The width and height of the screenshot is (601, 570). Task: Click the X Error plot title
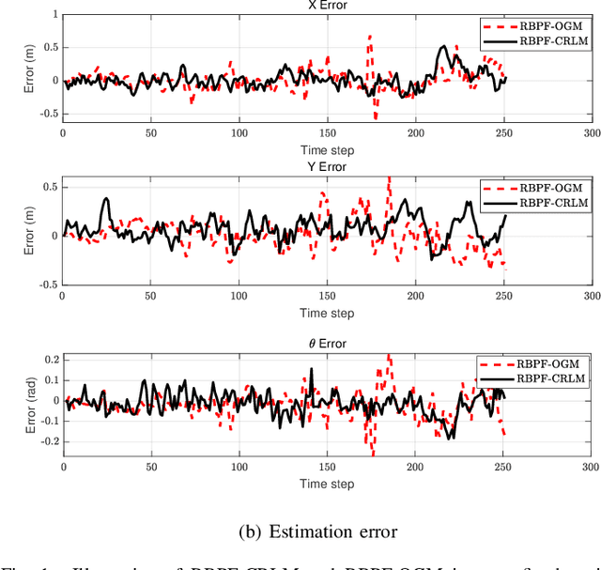(x=327, y=5)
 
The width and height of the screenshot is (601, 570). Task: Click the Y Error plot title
(x=327, y=167)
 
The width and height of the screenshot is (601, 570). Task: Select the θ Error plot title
(x=327, y=344)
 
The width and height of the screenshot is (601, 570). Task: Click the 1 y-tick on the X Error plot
(x=54, y=14)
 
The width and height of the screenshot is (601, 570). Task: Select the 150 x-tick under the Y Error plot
(x=327, y=296)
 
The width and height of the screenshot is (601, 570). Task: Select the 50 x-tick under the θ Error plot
(x=150, y=467)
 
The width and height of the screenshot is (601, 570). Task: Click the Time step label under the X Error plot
(x=327, y=150)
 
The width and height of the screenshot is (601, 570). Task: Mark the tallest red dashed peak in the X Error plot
(x=369, y=38)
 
